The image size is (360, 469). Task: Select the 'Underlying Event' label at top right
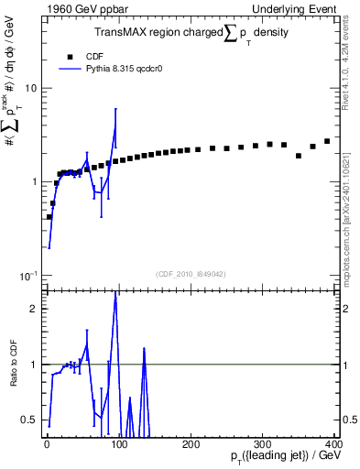click(x=292, y=8)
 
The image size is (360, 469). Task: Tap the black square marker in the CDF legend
click(x=69, y=55)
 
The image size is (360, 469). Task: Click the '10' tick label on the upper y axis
click(x=29, y=89)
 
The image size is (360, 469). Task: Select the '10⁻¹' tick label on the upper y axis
click(x=27, y=275)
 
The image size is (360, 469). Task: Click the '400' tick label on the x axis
click(x=332, y=443)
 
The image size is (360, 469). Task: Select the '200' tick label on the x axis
click(x=190, y=443)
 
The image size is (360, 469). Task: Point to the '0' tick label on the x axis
click(x=46, y=443)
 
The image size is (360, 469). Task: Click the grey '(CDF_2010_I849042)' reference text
click(x=191, y=273)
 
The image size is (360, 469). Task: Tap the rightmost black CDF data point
click(x=327, y=141)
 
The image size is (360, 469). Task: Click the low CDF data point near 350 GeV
click(x=299, y=156)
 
